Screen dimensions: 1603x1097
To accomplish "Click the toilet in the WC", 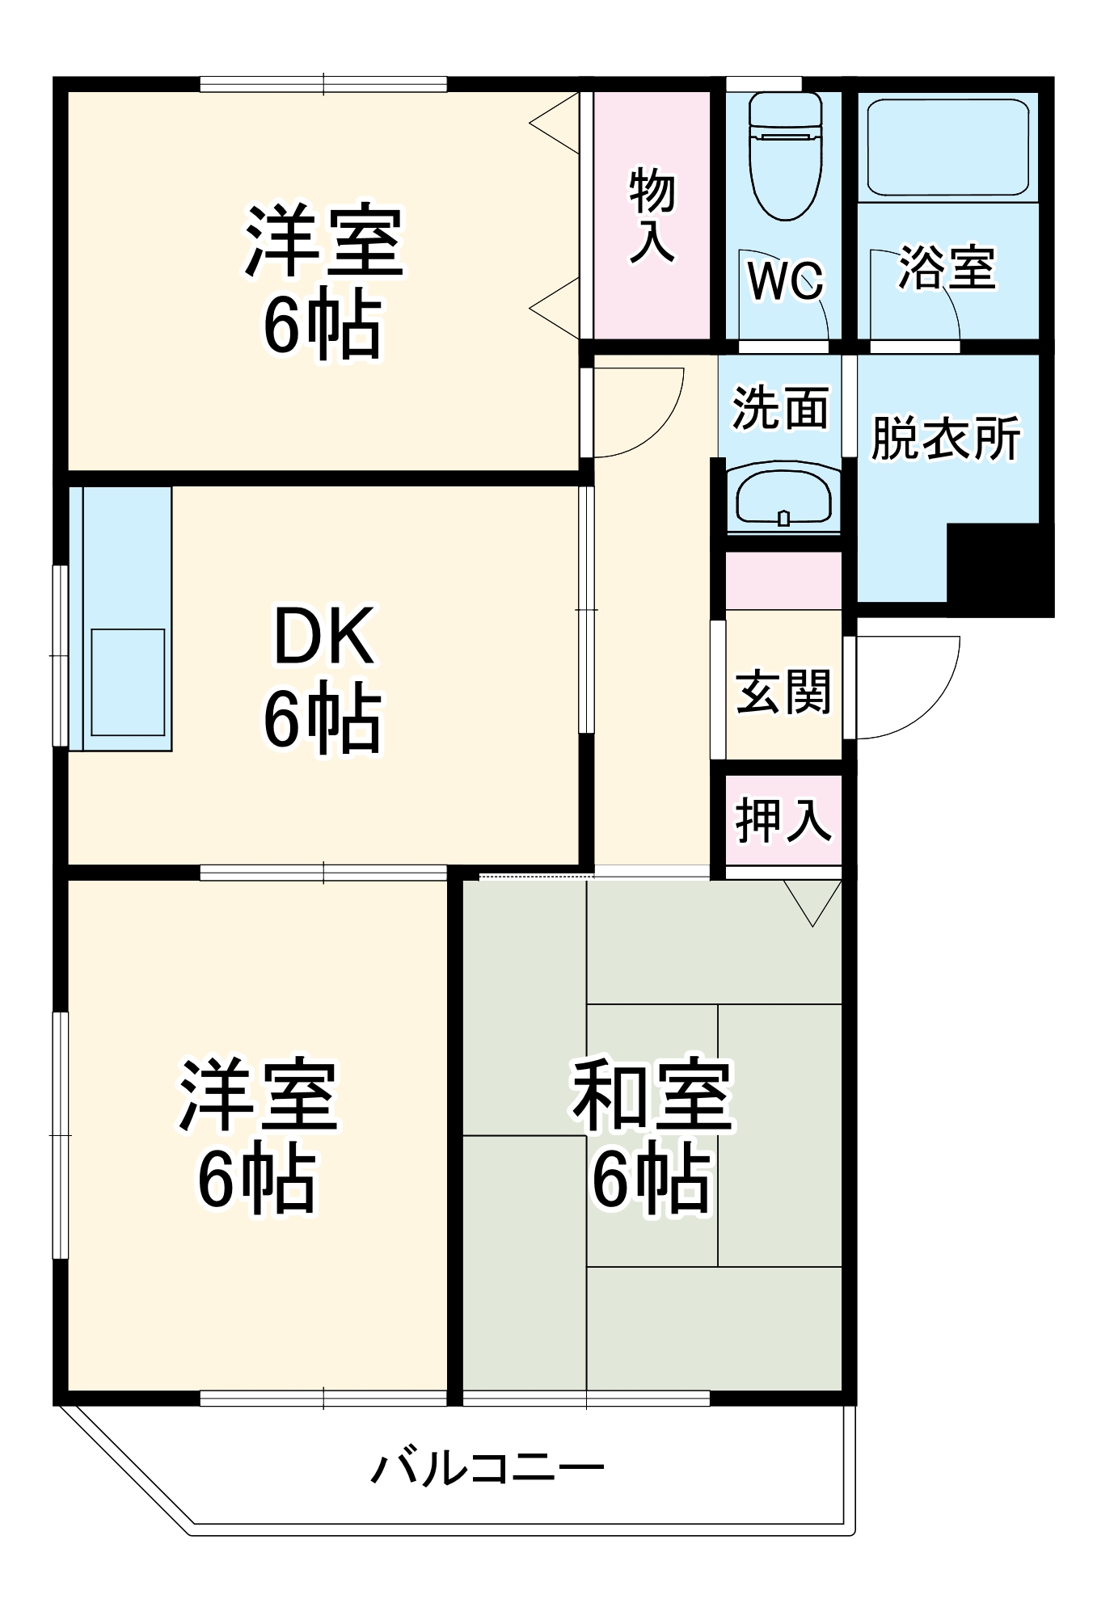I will (x=785, y=158).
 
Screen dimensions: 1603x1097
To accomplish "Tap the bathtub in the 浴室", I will (x=947, y=147).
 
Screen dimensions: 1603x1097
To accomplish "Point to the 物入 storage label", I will (x=652, y=215).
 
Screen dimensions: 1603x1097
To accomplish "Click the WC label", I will (x=785, y=280).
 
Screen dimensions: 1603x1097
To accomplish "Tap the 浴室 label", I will (x=947, y=267).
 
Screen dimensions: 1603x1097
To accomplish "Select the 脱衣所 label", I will (x=945, y=439).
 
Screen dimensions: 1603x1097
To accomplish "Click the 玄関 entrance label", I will (x=783, y=692).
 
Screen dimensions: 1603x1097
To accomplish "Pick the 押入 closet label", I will (x=783, y=820).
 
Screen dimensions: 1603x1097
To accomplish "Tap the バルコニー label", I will (x=487, y=1468).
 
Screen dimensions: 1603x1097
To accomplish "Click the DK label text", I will (x=324, y=636).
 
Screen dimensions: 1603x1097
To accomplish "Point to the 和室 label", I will (x=652, y=1096).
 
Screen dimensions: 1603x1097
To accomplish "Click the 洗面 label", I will (x=781, y=408).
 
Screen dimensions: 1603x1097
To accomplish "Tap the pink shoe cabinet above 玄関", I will (x=783, y=581).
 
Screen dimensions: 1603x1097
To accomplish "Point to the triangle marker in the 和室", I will (x=812, y=899).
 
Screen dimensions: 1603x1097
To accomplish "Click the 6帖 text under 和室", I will (x=652, y=1180).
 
